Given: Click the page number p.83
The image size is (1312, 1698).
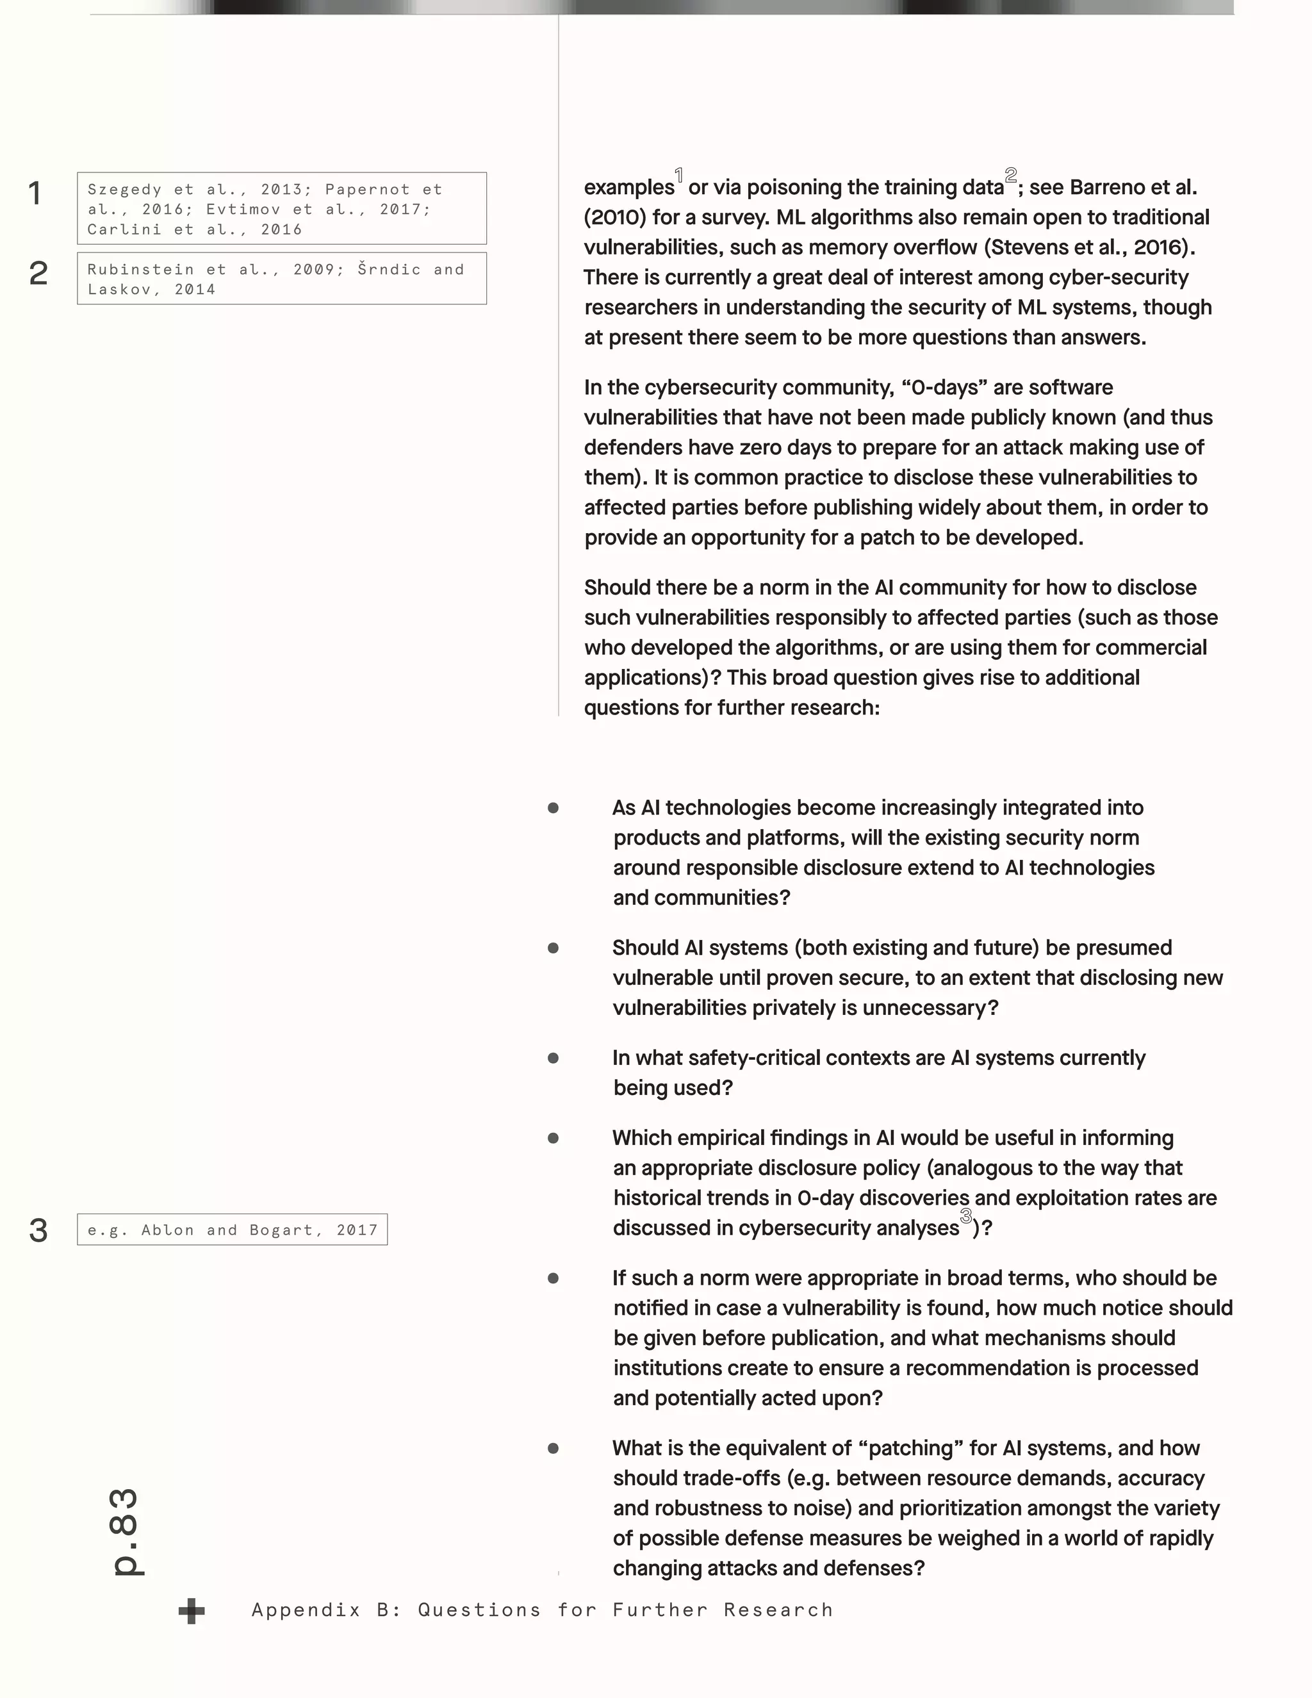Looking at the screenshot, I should tap(127, 1531).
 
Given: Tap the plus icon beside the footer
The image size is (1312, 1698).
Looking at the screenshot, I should tap(191, 1611).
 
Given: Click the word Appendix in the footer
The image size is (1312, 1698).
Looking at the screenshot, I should tap(306, 1610).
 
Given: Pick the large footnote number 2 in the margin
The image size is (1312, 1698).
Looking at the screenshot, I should tap(38, 273).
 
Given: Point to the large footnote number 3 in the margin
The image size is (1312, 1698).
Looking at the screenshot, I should tap(38, 1230).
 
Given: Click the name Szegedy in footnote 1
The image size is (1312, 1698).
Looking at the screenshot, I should tap(124, 190).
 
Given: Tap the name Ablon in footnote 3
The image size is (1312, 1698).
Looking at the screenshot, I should tap(167, 1230).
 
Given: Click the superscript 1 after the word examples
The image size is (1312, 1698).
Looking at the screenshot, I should tap(679, 176).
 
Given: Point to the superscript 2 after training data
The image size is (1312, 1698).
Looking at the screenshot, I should tap(1010, 175).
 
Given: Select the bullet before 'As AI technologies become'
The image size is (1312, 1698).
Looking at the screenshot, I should tap(553, 808).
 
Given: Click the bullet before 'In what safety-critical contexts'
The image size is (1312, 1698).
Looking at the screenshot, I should tap(553, 1058).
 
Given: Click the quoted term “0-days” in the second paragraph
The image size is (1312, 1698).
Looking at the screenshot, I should tap(944, 387).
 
